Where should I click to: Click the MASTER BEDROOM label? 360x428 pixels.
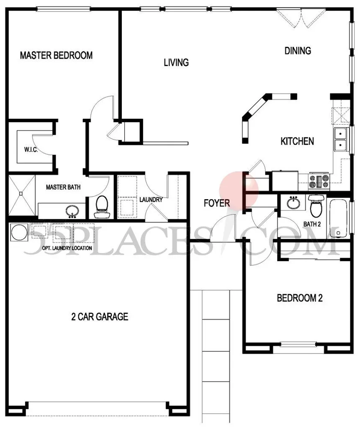coord(56,55)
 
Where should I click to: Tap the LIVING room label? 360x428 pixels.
coord(176,62)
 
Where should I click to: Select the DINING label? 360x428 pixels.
coord(298,51)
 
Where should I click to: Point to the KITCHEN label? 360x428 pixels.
coord(297,141)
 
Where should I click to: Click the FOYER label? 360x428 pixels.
coord(217,203)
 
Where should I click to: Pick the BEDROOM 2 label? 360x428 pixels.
coord(300,298)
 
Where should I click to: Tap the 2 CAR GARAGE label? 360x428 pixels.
coord(100,317)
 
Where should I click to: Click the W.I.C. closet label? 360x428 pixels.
coord(31,150)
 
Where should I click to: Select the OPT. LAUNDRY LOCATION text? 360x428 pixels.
coord(67,248)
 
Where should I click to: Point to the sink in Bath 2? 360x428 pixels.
coord(293,202)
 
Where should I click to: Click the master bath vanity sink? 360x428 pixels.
coord(72,211)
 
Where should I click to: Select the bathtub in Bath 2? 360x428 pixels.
coord(338,218)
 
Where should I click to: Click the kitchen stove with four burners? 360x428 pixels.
coord(319,182)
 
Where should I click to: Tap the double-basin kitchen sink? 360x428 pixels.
coord(341,139)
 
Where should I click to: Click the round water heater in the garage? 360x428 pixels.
coord(19,232)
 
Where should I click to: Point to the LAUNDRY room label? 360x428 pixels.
coord(151,200)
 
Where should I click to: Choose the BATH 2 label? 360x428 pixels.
coord(312,224)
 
